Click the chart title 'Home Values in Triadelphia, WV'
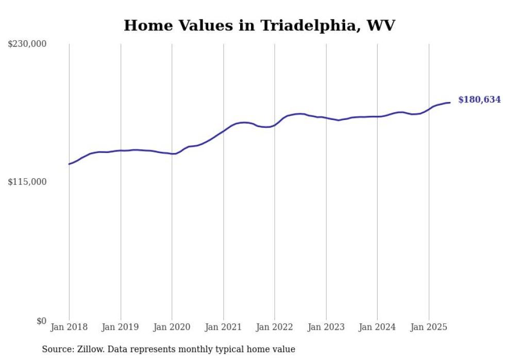[259, 25]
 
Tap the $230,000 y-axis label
[27, 44]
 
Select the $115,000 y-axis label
[27, 182]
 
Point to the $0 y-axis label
[41, 321]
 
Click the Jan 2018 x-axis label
[69, 327]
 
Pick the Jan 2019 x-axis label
[121, 327]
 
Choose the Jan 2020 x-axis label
[172, 327]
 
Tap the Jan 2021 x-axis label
[223, 327]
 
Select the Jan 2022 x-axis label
[275, 327]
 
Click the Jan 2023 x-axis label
[326, 327]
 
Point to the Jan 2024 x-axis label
[377, 327]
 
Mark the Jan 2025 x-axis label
[429, 327]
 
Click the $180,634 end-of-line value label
[479, 100]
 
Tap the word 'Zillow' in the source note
[90, 349]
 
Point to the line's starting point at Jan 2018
[69, 164]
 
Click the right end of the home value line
[450, 102]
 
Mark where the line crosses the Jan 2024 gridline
[377, 116]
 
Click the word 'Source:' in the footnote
[58, 349]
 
